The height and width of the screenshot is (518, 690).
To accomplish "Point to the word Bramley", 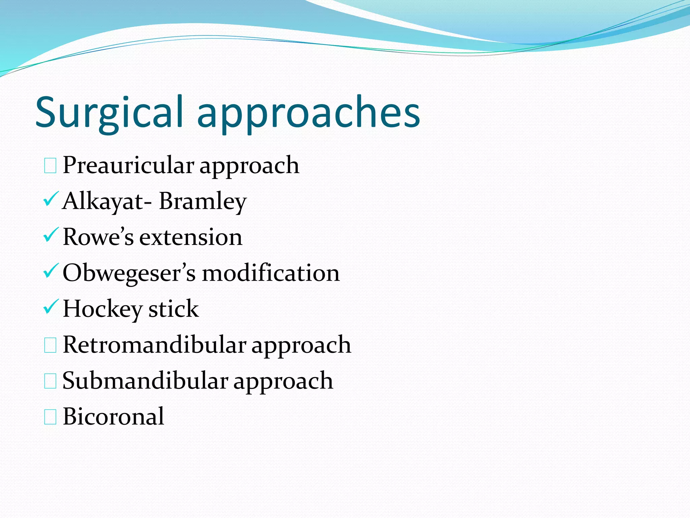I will coord(203,201).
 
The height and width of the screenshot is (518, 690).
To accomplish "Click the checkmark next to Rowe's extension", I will coord(51,235).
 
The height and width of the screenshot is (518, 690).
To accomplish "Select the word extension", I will coord(191,237).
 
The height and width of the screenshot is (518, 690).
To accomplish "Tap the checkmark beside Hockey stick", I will coord(51,307).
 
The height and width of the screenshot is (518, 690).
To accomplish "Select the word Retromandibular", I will coord(155,345).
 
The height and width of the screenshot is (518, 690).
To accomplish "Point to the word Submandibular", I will coord(146,381).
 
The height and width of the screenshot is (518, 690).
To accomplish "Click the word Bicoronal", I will coord(114,417).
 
